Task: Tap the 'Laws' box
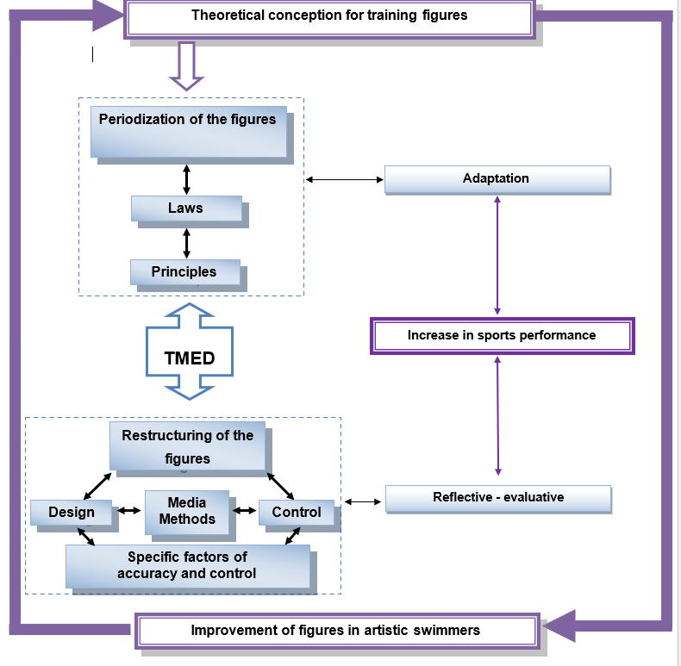click(x=186, y=209)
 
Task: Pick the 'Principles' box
click(x=184, y=272)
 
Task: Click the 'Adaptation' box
click(x=497, y=179)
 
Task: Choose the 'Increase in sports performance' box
click(x=502, y=335)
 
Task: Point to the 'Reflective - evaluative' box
click(x=498, y=498)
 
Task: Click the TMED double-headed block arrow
click(x=190, y=352)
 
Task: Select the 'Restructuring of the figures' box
click(x=187, y=446)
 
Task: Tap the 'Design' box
click(x=72, y=513)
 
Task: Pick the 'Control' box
click(x=296, y=513)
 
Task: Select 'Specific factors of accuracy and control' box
click(x=187, y=566)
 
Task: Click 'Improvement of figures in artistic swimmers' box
click(x=336, y=631)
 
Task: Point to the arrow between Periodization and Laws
click(x=186, y=177)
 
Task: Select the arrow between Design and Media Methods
click(x=128, y=511)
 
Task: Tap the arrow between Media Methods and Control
click(x=245, y=511)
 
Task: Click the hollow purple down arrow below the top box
click(x=186, y=65)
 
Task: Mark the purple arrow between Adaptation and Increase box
click(x=497, y=255)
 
